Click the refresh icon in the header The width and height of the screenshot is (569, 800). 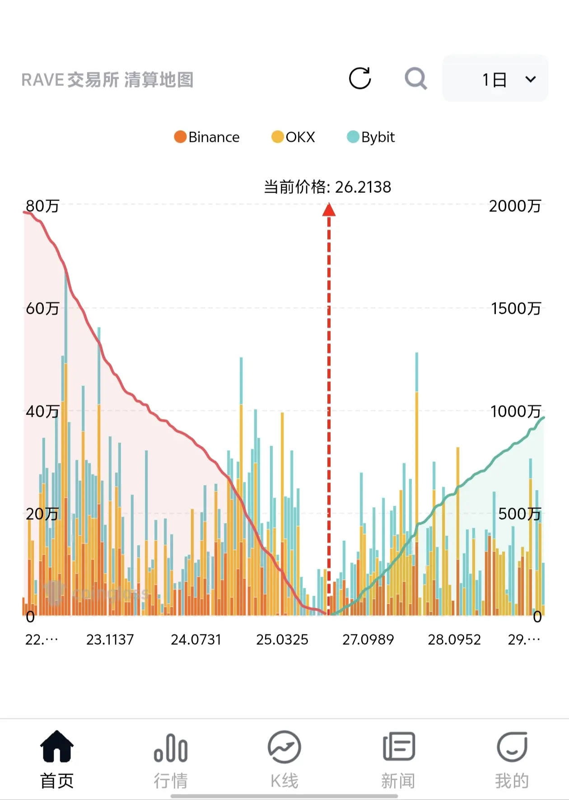tap(360, 79)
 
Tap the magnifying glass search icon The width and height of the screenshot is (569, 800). tap(415, 79)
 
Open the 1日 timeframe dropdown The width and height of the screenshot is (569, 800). tap(495, 79)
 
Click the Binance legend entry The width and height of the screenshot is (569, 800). tap(207, 137)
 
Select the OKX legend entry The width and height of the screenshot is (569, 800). tap(293, 137)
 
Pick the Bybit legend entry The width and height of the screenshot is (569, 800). tap(371, 137)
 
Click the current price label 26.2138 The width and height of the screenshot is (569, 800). tap(327, 187)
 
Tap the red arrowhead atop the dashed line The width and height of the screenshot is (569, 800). tap(329, 210)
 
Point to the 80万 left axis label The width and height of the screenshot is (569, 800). tap(42, 206)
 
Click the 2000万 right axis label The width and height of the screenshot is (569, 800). tap(515, 206)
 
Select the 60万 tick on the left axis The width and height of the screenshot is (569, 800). tap(42, 308)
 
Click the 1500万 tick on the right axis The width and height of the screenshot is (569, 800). tap(516, 308)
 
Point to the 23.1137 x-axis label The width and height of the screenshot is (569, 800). tap(110, 640)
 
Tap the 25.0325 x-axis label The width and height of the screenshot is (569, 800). tap(282, 640)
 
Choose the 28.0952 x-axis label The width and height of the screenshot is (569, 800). tap(454, 640)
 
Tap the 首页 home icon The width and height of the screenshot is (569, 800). tap(57, 747)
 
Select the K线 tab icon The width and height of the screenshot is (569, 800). tap(284, 747)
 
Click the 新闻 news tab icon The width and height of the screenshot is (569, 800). tap(398, 747)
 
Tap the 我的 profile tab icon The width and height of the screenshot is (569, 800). tap(512, 747)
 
